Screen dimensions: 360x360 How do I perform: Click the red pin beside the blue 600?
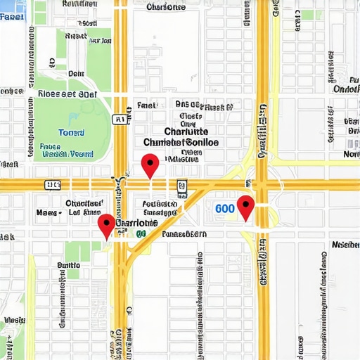click(245, 207)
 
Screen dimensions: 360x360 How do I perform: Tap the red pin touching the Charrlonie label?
click(105, 225)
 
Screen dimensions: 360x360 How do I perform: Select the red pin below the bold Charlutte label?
click(149, 165)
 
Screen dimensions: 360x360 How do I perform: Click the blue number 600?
click(225, 209)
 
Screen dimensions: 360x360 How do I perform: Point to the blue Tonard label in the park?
click(70, 132)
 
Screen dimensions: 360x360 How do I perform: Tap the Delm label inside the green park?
click(75, 72)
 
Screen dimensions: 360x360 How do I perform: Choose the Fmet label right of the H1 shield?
click(147, 105)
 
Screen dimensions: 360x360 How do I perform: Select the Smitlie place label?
click(68, 265)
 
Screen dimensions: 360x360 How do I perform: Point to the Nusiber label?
click(345, 245)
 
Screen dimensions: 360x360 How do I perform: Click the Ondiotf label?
click(347, 89)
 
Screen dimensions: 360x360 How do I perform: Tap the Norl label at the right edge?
click(351, 154)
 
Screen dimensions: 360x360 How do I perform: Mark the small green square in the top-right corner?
click(308, 15)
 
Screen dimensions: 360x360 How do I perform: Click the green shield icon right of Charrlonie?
click(141, 233)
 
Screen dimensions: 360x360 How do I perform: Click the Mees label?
click(47, 211)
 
